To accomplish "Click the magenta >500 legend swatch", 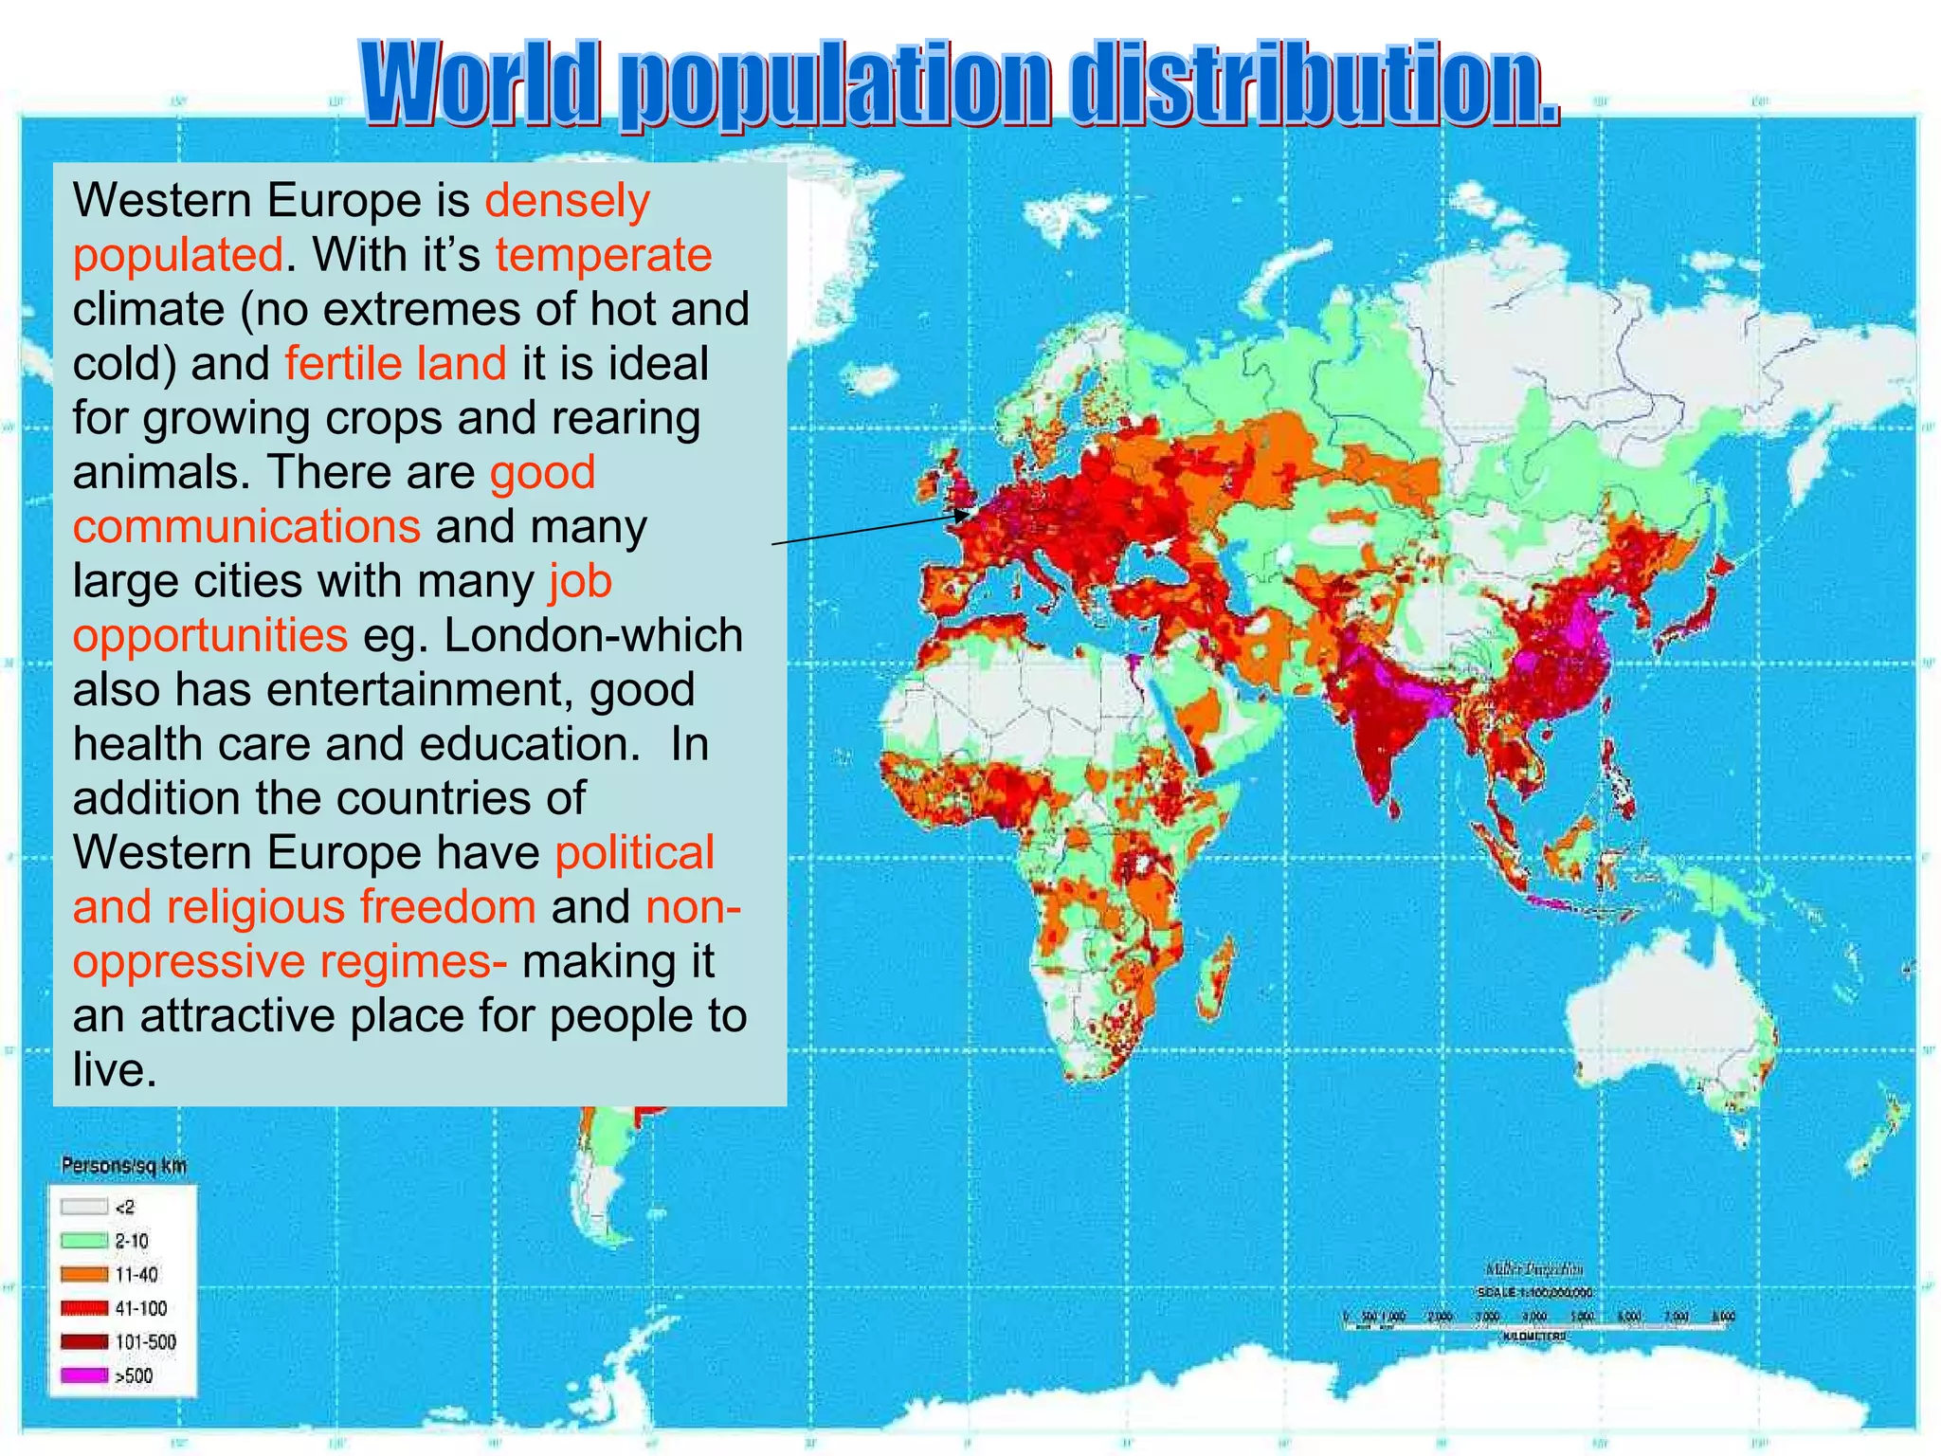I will pos(83,1375).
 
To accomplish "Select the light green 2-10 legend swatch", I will pos(83,1241).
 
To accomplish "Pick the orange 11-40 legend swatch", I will pos(83,1274).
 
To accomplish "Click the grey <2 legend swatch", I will pos(83,1207).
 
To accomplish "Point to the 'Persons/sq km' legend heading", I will pos(124,1166).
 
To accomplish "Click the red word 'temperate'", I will pos(604,255).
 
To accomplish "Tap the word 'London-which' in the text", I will pos(593,636).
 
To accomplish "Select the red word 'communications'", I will pos(246,527).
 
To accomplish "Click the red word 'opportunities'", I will pos(210,636).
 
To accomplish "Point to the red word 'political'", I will pos(634,853).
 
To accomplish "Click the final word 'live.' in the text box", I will pos(114,1071).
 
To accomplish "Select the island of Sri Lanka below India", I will pos(1393,809).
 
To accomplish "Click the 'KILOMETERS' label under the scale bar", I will pos(1533,1337).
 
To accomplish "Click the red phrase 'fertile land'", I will pos(395,364).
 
